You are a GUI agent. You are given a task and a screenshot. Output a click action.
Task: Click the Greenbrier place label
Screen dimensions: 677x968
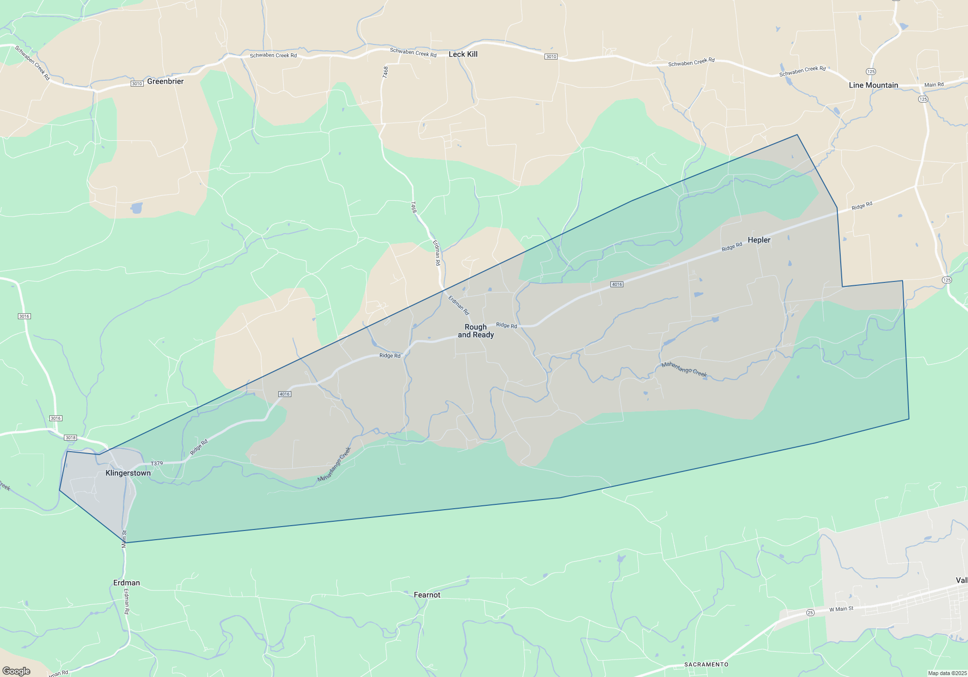(165, 81)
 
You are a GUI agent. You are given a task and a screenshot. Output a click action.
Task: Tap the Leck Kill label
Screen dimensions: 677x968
(463, 54)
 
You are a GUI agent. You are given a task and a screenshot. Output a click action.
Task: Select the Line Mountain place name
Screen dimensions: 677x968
(873, 85)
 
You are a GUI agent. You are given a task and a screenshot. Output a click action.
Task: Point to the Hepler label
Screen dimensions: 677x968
(758, 240)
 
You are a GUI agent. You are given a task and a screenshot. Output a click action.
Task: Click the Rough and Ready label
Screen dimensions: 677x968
(476, 331)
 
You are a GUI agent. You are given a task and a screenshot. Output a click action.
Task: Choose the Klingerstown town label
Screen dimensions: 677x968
(128, 473)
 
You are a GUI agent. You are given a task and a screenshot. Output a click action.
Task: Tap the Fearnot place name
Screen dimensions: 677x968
(427, 595)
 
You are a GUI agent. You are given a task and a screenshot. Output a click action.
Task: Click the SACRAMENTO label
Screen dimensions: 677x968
(706, 664)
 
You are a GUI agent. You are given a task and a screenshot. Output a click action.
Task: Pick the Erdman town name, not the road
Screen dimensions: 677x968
(126, 583)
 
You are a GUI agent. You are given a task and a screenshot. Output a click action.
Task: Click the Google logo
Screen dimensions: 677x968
(16, 671)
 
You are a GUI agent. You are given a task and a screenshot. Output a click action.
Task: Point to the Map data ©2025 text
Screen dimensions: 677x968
(947, 673)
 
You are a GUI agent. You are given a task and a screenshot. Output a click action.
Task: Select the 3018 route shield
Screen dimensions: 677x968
(71, 438)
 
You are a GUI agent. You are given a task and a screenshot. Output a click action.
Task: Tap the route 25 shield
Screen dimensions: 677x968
(810, 613)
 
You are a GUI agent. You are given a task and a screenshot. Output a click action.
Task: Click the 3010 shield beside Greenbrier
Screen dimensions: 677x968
(137, 84)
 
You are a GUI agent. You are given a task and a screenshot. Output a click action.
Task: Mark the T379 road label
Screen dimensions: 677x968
(157, 463)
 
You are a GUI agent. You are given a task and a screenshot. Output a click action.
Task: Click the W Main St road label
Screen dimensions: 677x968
(841, 609)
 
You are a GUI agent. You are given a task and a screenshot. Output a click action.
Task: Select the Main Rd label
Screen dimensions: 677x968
(934, 85)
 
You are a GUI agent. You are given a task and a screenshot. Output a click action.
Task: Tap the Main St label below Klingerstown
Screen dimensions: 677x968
(124, 539)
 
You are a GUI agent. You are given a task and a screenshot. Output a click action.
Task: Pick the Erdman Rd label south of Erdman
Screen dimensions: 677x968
(127, 601)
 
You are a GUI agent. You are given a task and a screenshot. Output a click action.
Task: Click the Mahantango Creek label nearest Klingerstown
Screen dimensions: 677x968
(334, 464)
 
